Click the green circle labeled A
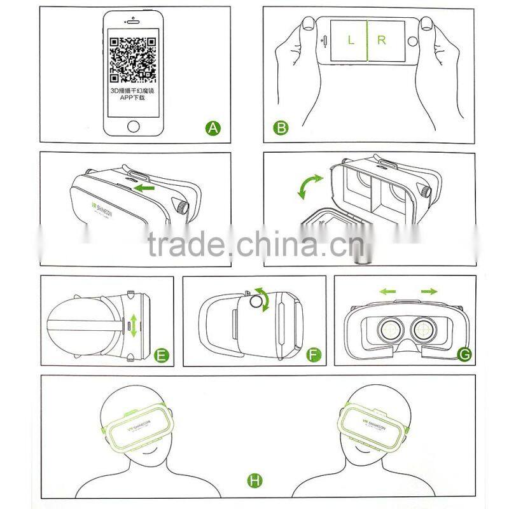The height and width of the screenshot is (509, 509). (x=214, y=129)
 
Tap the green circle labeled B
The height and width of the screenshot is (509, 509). (x=281, y=129)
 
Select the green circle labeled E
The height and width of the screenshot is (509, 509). (x=162, y=355)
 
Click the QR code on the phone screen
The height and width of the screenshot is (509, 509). (x=133, y=60)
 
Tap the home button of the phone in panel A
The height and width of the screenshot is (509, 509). (x=133, y=125)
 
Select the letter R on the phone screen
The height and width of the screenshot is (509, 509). (x=382, y=40)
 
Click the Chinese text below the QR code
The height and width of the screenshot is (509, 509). (x=133, y=95)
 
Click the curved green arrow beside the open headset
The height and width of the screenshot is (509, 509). (x=312, y=189)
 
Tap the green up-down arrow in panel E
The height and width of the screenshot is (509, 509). (x=133, y=325)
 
